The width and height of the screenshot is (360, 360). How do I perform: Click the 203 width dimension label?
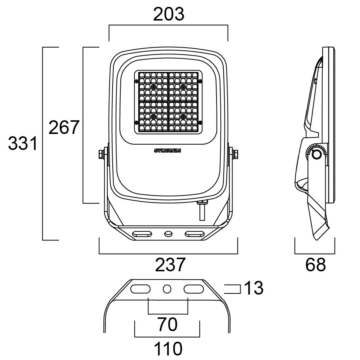(169, 14)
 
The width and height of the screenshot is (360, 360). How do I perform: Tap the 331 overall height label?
(23, 144)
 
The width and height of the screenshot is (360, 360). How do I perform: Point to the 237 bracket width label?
(170, 265)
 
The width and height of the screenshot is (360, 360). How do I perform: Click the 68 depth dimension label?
(315, 265)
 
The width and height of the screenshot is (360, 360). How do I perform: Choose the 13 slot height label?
(253, 289)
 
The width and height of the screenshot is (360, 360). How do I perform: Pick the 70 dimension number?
(167, 325)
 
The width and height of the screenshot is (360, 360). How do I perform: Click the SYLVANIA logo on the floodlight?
(167, 151)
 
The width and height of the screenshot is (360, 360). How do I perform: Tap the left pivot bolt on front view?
(102, 154)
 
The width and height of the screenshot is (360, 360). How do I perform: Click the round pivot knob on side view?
(316, 155)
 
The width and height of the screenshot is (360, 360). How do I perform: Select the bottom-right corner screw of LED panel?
(200, 122)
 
